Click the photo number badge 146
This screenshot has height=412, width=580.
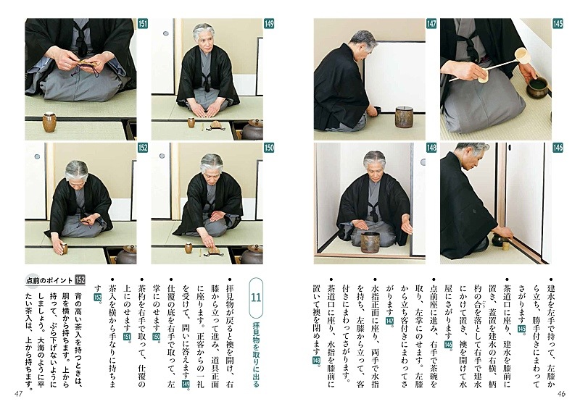[558, 148]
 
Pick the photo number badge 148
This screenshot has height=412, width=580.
[431, 148]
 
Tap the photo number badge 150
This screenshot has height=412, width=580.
[269, 148]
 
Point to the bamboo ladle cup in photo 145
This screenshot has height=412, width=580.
[522, 56]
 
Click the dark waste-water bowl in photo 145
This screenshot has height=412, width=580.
[537, 88]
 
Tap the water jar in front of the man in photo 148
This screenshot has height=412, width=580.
[371, 243]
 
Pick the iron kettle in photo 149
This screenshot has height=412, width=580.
[253, 130]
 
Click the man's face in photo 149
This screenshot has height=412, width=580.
[204, 38]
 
